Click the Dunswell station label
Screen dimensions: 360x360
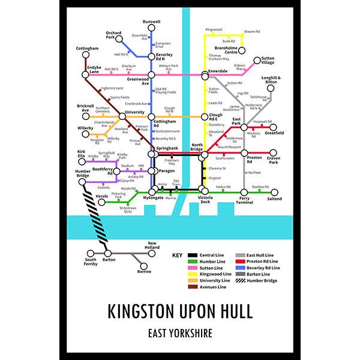click(151, 22)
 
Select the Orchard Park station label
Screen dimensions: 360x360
click(113, 34)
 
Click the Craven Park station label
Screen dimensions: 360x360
click(274, 160)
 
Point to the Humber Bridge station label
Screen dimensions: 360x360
click(83, 172)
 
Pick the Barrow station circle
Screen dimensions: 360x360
click(143, 266)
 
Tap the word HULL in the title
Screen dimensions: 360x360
click(232, 312)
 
